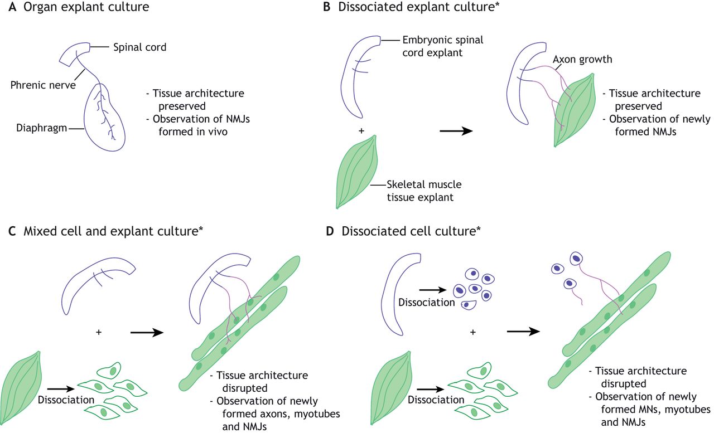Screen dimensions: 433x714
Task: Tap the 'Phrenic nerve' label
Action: [x=42, y=85]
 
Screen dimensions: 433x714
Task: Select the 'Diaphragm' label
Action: [x=37, y=128]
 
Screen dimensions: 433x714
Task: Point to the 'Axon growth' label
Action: [x=583, y=59]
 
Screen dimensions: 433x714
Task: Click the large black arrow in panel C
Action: [x=146, y=332]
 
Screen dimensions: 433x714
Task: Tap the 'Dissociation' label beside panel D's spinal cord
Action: [x=424, y=303]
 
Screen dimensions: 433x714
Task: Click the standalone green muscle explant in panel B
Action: [x=358, y=171]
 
